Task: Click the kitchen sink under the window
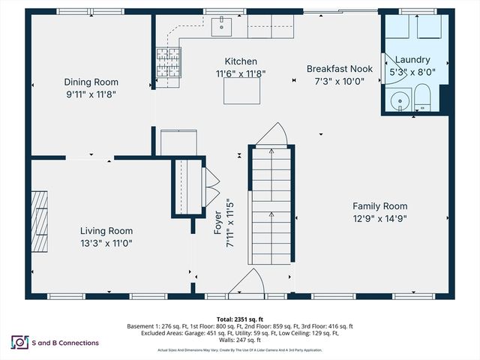(x=222, y=28)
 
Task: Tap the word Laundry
(x=413, y=59)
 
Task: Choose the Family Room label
(x=380, y=206)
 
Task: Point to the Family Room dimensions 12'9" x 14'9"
(x=380, y=218)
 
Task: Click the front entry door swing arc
(x=247, y=284)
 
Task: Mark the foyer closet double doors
(x=211, y=187)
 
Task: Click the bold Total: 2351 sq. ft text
(x=239, y=318)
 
